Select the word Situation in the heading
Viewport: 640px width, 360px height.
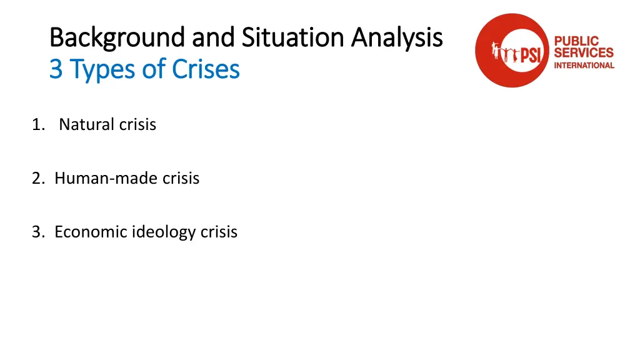292,37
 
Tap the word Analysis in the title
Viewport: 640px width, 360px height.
397,39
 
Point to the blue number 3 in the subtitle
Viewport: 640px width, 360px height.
56,69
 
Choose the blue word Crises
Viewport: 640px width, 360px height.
206,69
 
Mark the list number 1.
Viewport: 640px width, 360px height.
37,124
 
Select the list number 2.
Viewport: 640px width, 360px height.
38,178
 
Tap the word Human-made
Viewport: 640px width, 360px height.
106,178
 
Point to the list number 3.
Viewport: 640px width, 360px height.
38,232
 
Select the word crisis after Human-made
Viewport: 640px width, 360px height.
181,178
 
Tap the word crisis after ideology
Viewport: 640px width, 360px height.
219,232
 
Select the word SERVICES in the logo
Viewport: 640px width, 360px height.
584,53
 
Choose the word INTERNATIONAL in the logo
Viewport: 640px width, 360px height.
584,65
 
